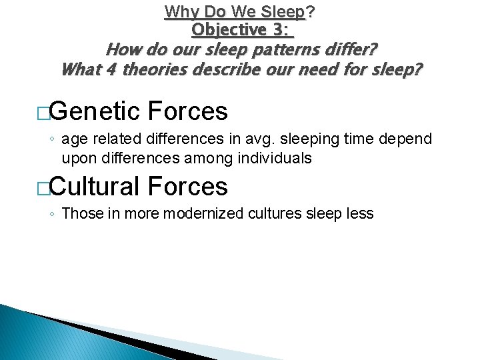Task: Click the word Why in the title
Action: pos(178,11)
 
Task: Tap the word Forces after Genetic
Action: pos(189,111)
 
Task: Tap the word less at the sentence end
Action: pos(361,214)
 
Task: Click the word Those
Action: pos(79,214)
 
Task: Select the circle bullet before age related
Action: pos(53,140)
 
